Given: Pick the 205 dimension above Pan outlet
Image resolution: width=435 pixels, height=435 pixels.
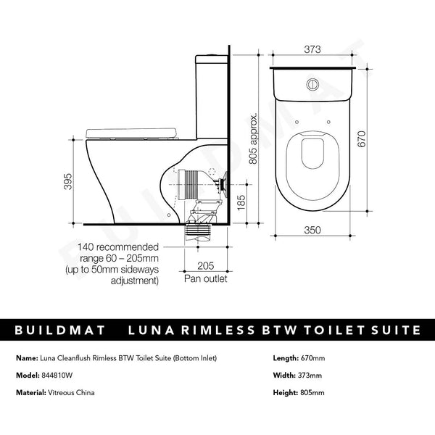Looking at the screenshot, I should click(207, 265).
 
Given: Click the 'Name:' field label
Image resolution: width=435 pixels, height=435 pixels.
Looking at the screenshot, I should click(25, 358).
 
